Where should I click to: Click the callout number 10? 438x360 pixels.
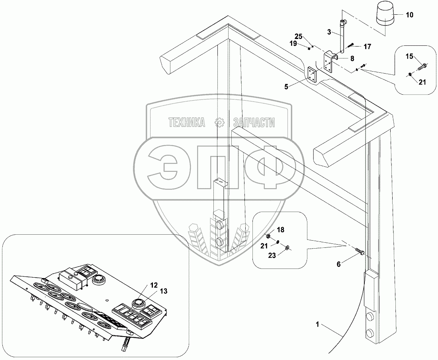pos(410,15)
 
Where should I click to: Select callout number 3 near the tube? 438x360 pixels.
pos(329,31)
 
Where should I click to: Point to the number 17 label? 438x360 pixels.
pos(367,47)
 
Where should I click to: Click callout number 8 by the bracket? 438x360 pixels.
pos(352,58)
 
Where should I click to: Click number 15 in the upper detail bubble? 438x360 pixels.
pos(409,57)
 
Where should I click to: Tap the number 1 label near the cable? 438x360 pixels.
pos(317,325)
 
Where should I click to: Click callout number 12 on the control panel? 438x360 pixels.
pos(154,285)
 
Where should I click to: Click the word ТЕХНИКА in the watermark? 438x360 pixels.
pos(187,123)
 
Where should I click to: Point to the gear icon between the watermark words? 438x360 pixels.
pos(219,123)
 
